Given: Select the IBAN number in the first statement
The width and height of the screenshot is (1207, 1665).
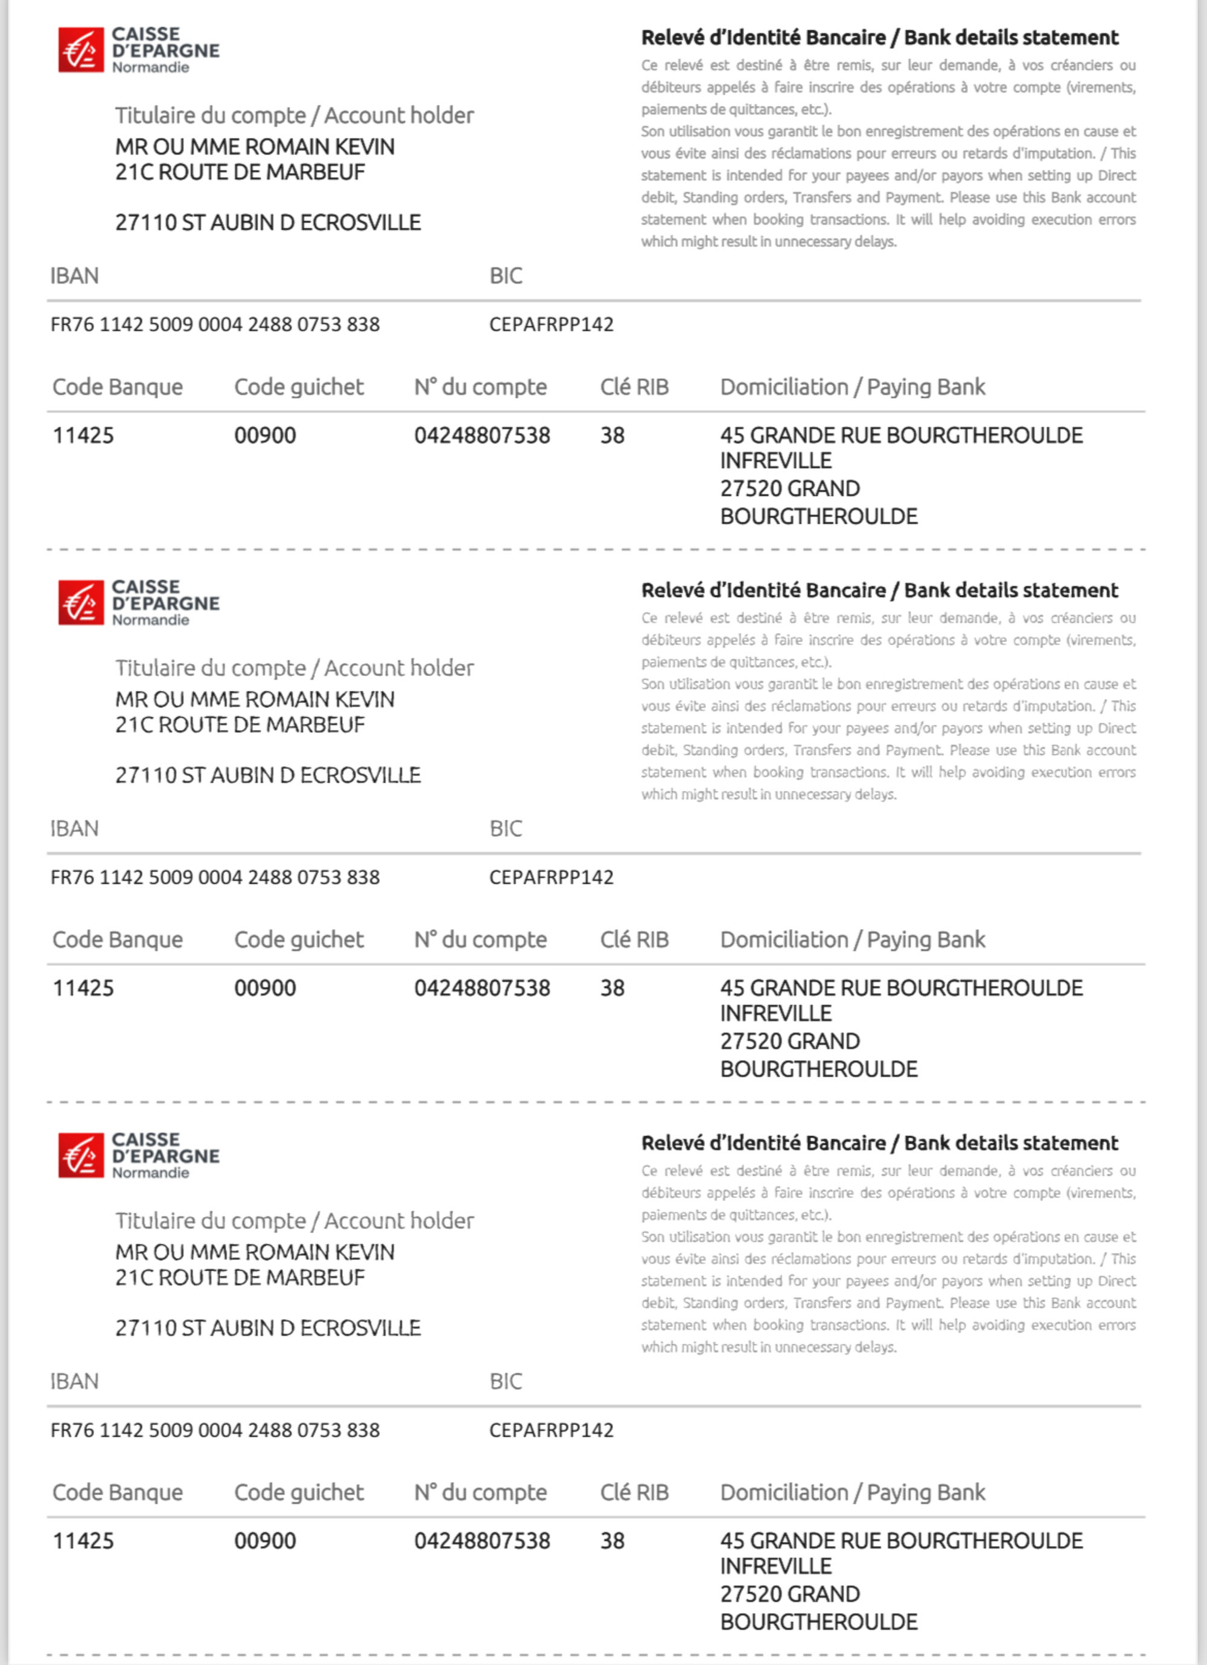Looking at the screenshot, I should (215, 325).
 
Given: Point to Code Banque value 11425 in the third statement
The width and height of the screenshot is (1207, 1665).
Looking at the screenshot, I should (83, 1541).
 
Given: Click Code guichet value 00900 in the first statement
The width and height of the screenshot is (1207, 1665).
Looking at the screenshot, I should (265, 435).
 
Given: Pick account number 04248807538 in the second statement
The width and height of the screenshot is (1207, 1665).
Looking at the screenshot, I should (482, 988).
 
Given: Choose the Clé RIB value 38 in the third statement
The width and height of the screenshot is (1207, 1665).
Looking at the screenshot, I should (613, 1541).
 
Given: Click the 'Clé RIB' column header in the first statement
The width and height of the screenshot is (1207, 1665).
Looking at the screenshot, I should (634, 387).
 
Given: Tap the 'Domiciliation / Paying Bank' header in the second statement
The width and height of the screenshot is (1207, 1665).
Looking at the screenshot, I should (852, 940).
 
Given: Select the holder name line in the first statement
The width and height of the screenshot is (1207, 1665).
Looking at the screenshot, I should (255, 147).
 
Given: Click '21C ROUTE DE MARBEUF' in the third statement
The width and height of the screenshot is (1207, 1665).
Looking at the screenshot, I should (240, 1278).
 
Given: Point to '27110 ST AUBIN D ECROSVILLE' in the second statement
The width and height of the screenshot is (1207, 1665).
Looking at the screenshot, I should (268, 775).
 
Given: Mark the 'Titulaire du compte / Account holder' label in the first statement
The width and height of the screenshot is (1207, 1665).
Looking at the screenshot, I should (295, 115).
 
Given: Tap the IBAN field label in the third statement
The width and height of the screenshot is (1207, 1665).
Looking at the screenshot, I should (74, 1381).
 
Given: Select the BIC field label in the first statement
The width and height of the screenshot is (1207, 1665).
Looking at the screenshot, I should (506, 276).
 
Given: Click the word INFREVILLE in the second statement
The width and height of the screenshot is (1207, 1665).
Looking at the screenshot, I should (776, 1013).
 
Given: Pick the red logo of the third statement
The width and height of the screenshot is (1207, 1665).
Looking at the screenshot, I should (81, 1156).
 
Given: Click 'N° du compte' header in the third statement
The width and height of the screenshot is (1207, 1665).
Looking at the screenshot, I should (480, 1492).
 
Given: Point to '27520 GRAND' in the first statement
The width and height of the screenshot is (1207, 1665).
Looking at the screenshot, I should (790, 488).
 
